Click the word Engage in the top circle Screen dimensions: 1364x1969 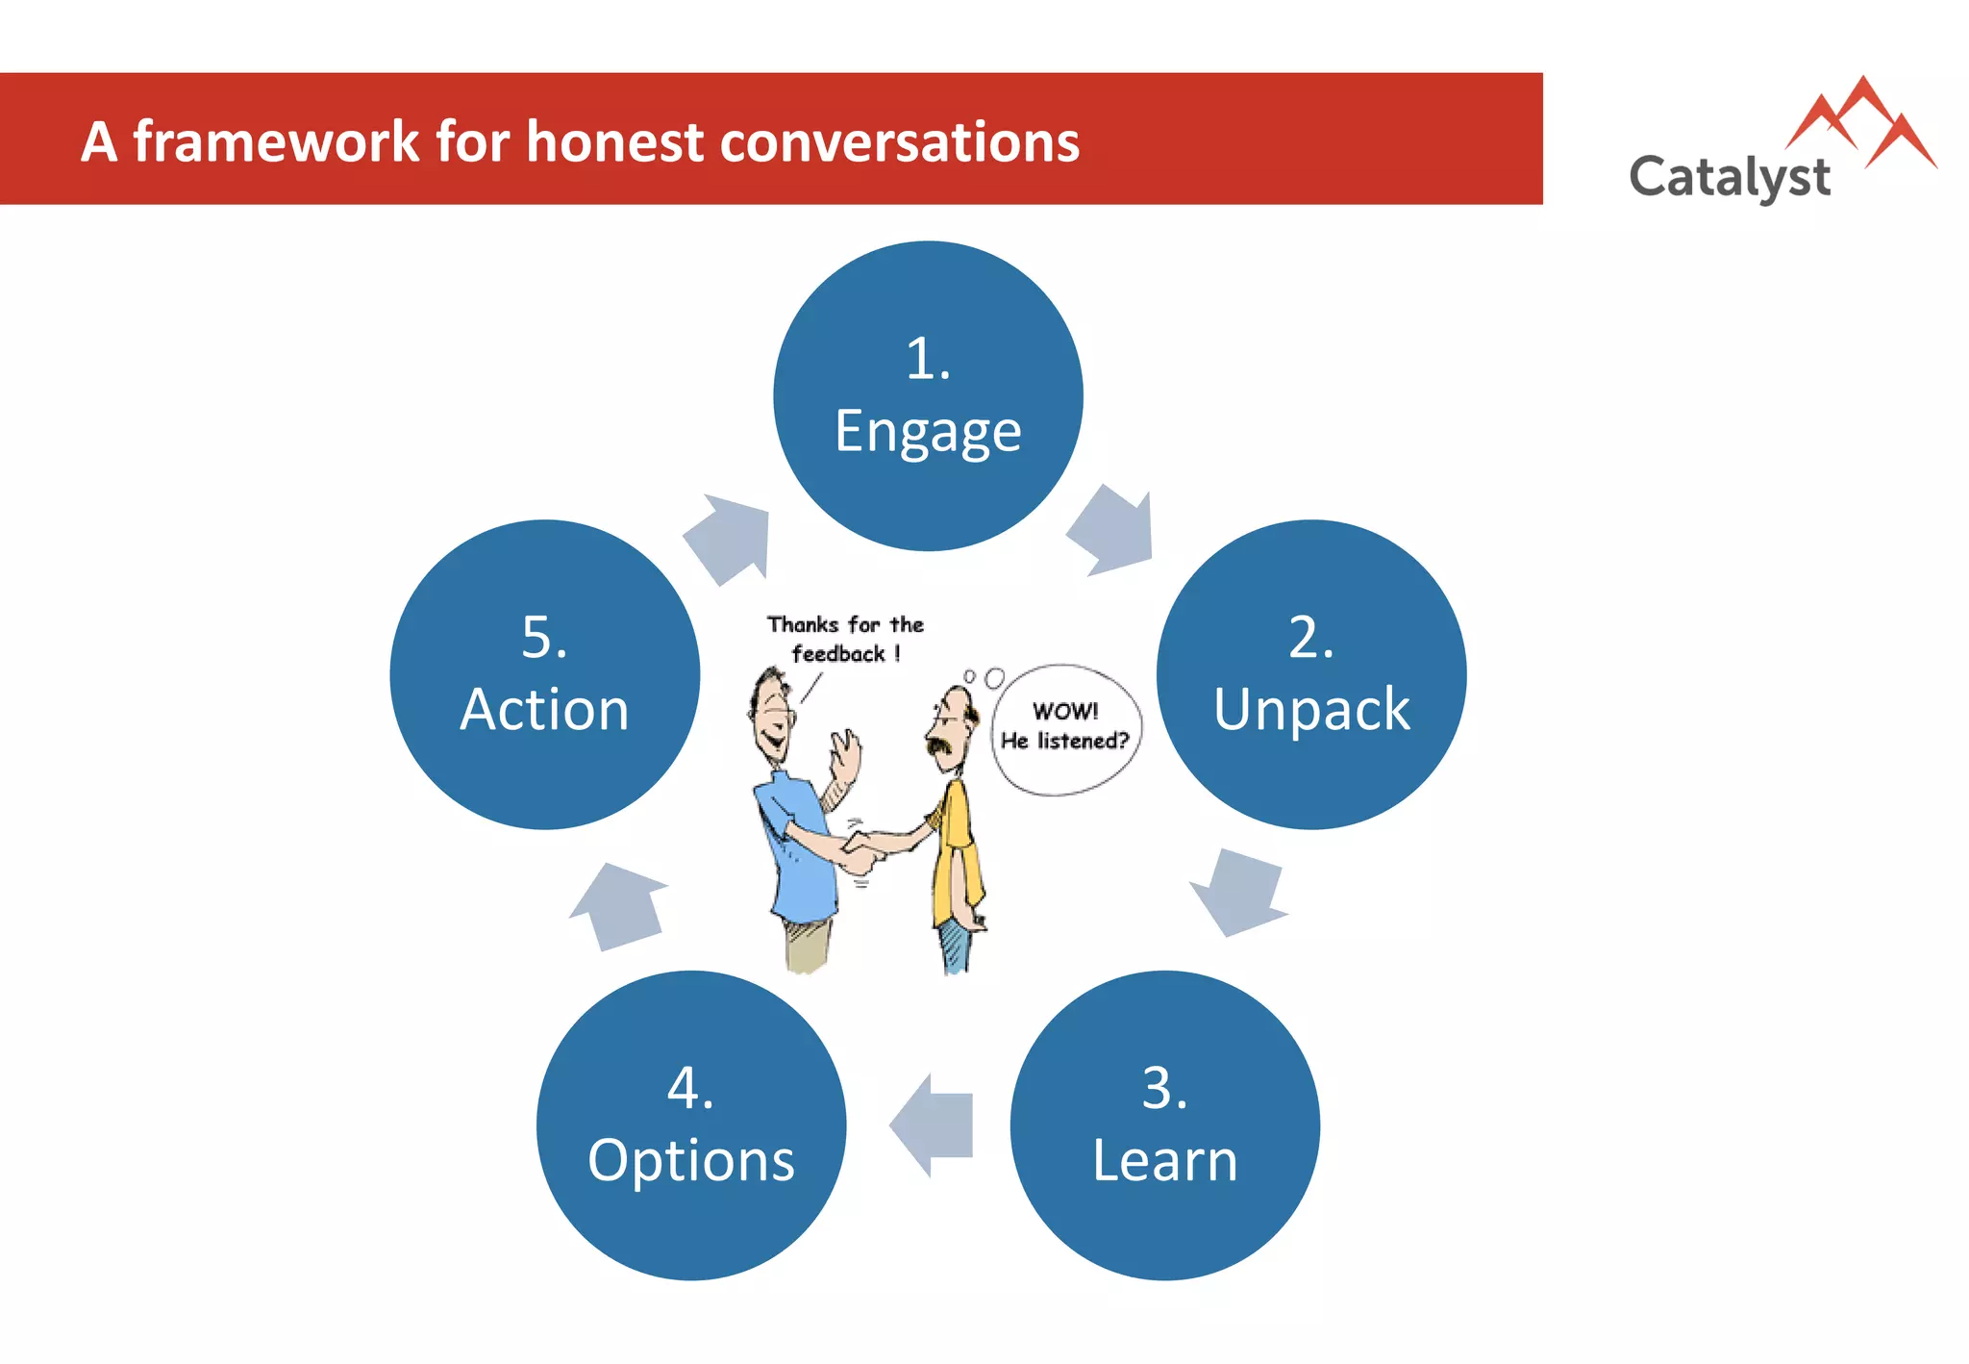point(928,433)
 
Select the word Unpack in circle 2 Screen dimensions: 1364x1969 point(1311,710)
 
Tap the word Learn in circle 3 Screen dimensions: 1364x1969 point(1165,1160)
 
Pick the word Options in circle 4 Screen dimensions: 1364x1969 point(691,1160)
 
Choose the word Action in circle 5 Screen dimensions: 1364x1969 point(544,710)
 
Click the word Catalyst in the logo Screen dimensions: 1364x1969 point(1729,178)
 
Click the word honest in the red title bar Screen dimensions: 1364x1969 point(615,142)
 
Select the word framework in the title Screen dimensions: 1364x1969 point(275,142)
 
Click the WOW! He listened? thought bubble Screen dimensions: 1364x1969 point(1065,728)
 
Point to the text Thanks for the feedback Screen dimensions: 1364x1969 point(844,639)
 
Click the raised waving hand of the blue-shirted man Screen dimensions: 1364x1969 point(845,755)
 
